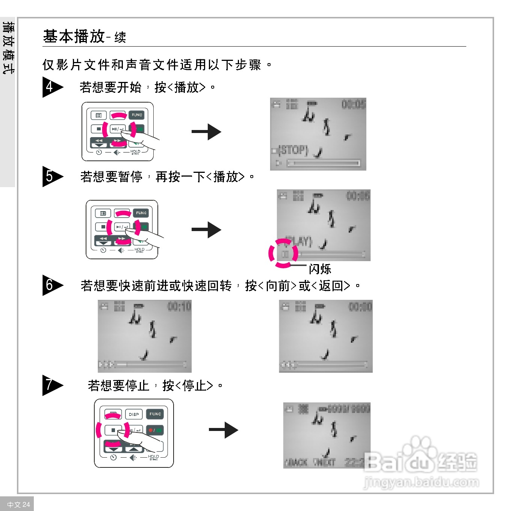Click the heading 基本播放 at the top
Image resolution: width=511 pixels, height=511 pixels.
74,37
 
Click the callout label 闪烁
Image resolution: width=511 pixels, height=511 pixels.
320,269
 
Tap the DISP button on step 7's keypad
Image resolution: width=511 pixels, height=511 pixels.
134,414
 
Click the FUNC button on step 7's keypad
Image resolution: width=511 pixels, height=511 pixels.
155,414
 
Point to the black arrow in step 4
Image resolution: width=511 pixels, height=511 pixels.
206,132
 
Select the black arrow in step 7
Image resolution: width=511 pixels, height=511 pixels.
224,430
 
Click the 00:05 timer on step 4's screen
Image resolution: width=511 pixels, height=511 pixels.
353,104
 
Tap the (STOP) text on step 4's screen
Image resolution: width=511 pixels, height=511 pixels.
293,150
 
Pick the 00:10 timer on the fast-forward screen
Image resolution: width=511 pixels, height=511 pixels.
179,307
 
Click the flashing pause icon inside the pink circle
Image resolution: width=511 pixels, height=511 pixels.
285,254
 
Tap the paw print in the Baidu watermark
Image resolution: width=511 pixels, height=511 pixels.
420,447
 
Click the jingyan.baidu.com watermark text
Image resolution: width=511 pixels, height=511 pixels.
421,482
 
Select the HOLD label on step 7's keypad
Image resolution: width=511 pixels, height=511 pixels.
153,457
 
